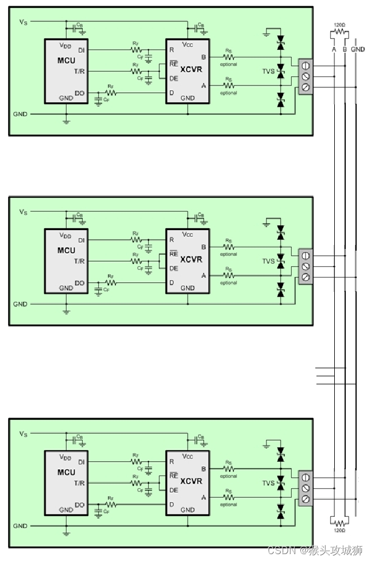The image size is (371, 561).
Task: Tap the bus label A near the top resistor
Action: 334,49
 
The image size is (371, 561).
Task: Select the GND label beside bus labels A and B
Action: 357,49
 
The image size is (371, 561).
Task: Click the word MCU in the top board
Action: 67,61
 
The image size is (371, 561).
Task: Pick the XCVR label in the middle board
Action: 191,259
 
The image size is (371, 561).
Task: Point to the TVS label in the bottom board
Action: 269,483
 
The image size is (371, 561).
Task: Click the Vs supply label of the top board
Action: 22,22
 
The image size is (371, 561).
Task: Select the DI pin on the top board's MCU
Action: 82,50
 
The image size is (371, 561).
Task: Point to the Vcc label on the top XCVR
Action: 188,45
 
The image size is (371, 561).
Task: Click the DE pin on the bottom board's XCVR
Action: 173,490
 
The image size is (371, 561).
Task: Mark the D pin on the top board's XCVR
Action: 171,93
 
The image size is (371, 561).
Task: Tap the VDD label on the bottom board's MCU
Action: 65,457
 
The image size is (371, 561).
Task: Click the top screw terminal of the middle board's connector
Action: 306,256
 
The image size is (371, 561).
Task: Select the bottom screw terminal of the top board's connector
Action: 306,87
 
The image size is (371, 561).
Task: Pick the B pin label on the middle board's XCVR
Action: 203,247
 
